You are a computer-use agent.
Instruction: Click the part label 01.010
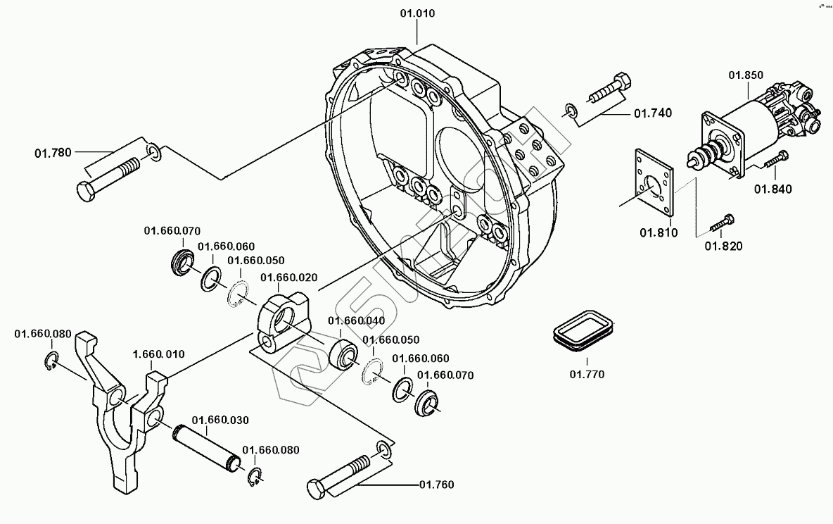[x=417, y=13]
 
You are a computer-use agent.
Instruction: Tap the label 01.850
[x=746, y=75]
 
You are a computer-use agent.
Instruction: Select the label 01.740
[x=653, y=113]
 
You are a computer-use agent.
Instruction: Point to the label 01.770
[x=587, y=375]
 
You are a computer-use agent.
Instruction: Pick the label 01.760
[x=436, y=485]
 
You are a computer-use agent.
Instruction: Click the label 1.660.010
[x=159, y=354]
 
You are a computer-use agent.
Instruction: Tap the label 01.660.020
[x=289, y=277]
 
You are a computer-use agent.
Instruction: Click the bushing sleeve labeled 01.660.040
[x=345, y=352]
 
